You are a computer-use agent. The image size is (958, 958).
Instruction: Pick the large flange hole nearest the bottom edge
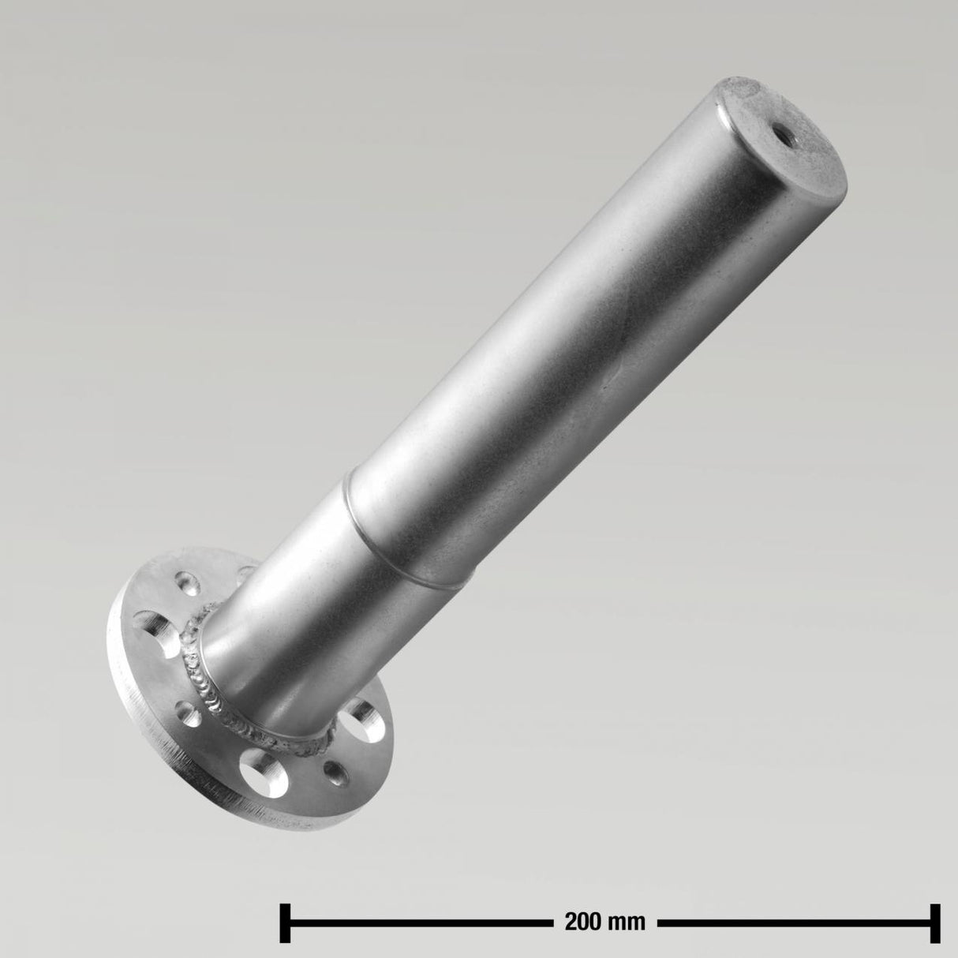(x=263, y=770)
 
